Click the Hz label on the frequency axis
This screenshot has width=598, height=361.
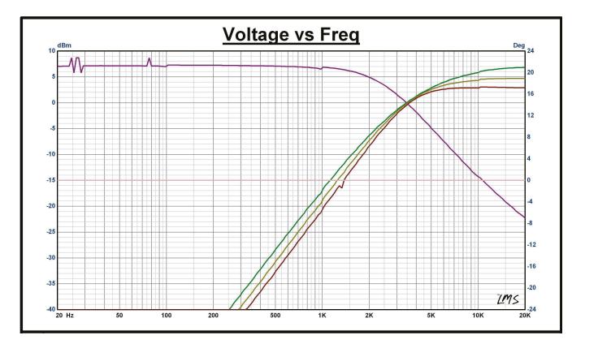pos(70,315)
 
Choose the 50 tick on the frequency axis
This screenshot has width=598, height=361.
pos(119,315)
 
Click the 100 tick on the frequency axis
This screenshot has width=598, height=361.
pos(167,315)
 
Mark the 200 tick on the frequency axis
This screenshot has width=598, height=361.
pos(214,315)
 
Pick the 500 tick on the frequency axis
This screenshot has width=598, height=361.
pos(275,315)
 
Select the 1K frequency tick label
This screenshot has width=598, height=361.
pos(323,315)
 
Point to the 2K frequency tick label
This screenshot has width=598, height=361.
pos(370,315)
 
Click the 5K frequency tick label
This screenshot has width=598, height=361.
pos(431,315)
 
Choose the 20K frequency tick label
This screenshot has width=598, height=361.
pos(525,315)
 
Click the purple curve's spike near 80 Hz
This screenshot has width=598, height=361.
pos(149,60)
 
